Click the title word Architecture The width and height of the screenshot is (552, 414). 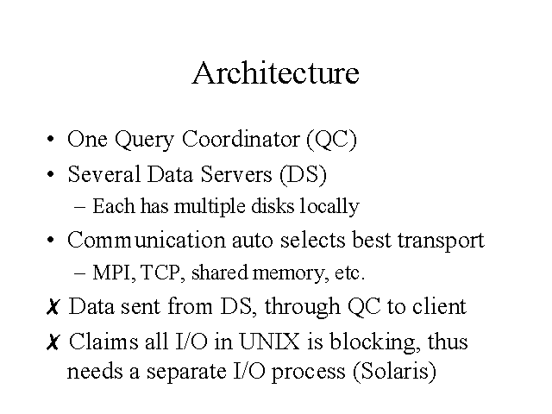point(276,72)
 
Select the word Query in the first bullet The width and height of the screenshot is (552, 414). point(144,140)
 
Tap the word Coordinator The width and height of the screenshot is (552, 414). point(241,138)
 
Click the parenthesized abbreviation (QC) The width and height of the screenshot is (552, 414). point(331,140)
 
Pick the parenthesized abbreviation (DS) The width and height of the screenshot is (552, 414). point(304,174)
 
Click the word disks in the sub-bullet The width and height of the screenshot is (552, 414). point(273,206)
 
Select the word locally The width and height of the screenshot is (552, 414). point(329,207)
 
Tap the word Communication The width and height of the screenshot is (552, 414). point(146,240)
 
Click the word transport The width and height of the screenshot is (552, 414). point(441,241)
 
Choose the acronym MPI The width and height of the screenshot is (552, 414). point(112,273)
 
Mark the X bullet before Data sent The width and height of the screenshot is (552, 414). point(53,307)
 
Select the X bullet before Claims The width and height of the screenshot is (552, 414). point(53,342)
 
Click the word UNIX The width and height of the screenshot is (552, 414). point(270,342)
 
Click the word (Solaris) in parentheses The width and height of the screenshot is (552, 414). point(394,371)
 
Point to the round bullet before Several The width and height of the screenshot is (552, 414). point(51,174)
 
